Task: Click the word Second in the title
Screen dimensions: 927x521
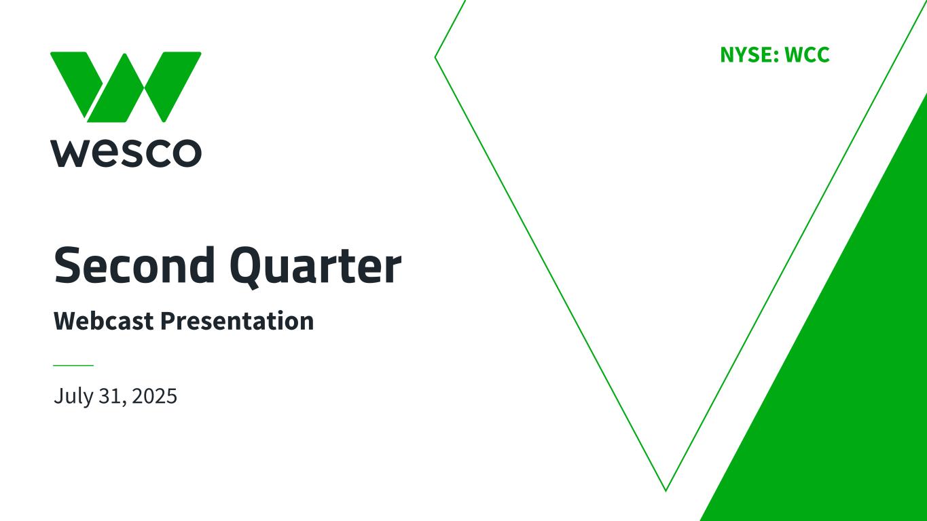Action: coord(134,265)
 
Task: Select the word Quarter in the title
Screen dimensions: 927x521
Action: coord(316,267)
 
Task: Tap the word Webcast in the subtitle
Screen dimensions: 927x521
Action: coord(104,321)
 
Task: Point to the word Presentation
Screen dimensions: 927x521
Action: coord(237,321)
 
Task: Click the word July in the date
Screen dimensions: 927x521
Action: coord(73,397)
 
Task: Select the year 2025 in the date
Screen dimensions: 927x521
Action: coord(155,395)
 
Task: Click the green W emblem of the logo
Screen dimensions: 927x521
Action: coord(126,87)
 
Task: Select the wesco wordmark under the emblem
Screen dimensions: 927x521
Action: coord(126,153)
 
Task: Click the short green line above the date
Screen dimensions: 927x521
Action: coord(73,365)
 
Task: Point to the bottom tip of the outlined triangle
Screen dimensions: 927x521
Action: coord(666,491)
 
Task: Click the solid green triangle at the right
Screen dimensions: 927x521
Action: coord(852,372)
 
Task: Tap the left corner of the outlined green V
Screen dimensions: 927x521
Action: coord(435,57)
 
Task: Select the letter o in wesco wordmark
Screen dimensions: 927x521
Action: coord(186,153)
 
